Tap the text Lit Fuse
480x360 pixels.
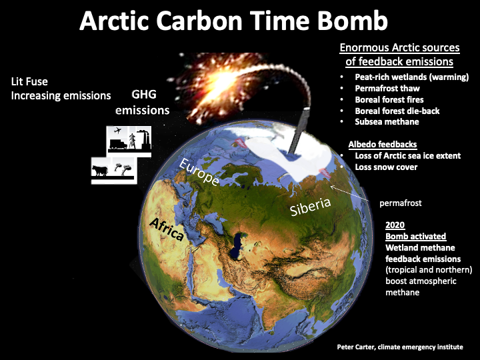click(29, 81)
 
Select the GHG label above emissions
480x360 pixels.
click(144, 94)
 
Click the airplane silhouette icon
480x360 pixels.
click(117, 131)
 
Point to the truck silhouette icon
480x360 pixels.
click(118, 144)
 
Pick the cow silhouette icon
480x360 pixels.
click(100, 171)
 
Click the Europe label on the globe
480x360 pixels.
click(199, 172)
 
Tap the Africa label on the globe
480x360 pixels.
click(167, 229)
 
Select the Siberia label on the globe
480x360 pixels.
click(311, 207)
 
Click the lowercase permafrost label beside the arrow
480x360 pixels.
click(401, 203)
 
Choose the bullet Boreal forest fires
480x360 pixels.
click(389, 100)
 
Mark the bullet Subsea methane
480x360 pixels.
click(387, 122)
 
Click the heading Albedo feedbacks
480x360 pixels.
click(383, 144)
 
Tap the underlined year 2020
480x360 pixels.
click(395, 225)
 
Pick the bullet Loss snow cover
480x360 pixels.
click(386, 167)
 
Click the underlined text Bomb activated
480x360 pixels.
click(415, 236)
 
